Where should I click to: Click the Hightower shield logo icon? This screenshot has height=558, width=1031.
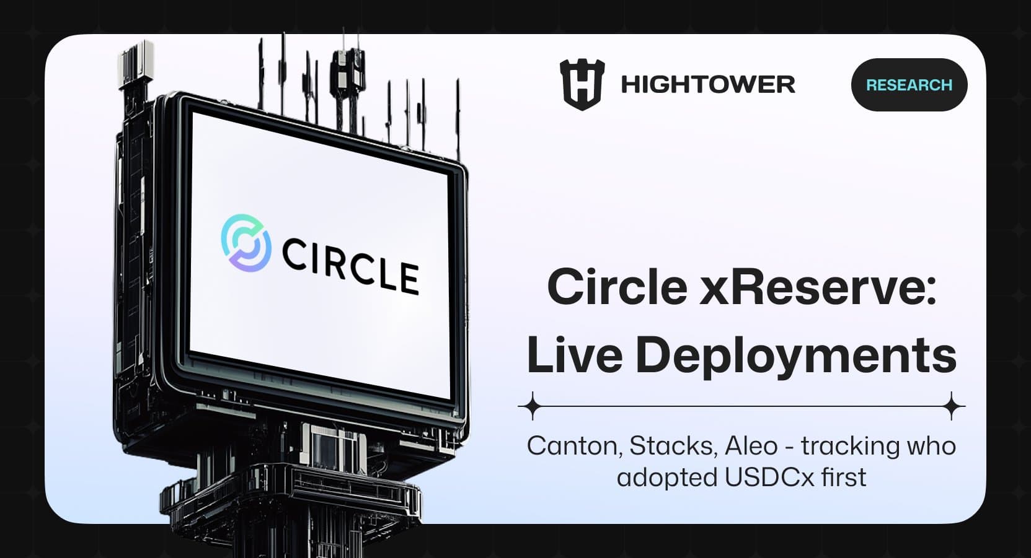pos(582,85)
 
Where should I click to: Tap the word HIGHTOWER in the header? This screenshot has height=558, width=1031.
pos(707,85)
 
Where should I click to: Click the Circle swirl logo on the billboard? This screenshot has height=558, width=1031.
pos(246,243)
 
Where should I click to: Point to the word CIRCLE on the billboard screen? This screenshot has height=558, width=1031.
pos(350,267)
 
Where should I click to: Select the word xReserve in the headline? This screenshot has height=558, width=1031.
pos(817,287)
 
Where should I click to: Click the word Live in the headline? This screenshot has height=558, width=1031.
pos(574,355)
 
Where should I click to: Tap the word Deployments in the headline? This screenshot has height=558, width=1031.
pos(796,356)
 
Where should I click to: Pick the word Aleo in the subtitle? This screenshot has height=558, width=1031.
pos(751,446)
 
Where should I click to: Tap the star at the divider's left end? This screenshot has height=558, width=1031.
pos(532,406)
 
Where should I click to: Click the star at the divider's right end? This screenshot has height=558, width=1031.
pos(952,406)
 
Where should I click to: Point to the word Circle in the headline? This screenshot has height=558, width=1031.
pos(617,287)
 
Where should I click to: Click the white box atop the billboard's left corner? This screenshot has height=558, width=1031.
pos(136,62)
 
